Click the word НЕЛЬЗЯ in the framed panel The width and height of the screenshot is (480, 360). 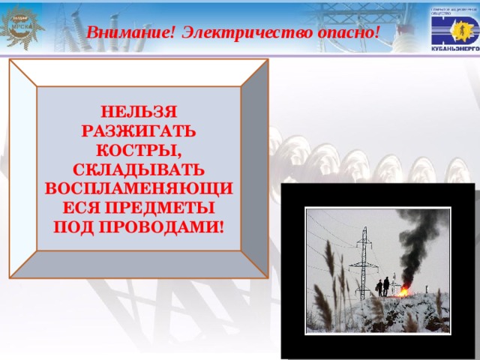[138, 112]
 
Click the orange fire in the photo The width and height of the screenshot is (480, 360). [403, 290]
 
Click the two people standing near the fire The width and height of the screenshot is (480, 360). [383, 286]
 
